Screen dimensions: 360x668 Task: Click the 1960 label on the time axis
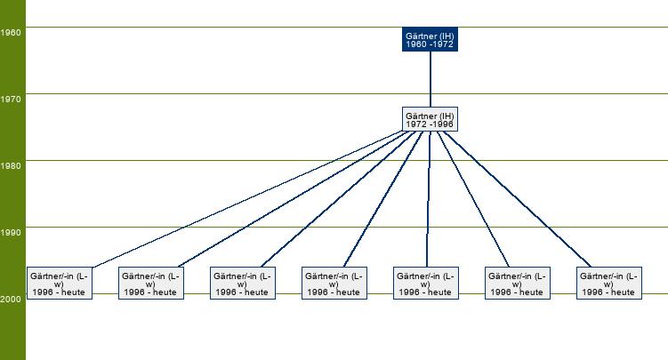11,33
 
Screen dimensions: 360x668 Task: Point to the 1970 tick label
11,100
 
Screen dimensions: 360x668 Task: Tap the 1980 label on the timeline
11,166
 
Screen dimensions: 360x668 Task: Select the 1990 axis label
11,233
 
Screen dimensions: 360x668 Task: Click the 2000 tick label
11,300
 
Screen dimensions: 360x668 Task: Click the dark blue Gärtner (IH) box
430,39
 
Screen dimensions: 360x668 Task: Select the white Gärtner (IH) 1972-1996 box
430,119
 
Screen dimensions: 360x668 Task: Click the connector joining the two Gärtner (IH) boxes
430,80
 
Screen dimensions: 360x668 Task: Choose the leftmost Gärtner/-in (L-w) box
59,283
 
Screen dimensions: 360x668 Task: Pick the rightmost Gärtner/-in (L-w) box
608,283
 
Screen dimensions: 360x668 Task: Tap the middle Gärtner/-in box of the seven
334,283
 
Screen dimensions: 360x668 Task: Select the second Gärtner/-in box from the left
150,283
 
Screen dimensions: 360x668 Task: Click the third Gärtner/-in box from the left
242,283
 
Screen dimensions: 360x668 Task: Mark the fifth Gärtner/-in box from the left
425,283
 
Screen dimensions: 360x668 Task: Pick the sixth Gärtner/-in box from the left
517,283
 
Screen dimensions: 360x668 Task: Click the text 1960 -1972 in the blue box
430,44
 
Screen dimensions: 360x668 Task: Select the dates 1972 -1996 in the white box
430,124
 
